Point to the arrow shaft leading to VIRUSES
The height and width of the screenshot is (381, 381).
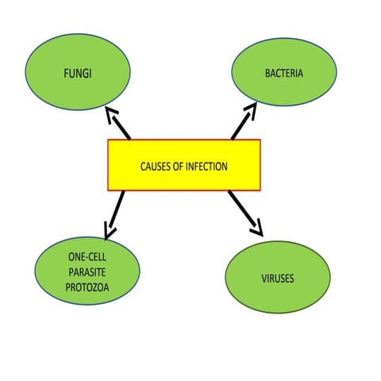coord(241,209)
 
